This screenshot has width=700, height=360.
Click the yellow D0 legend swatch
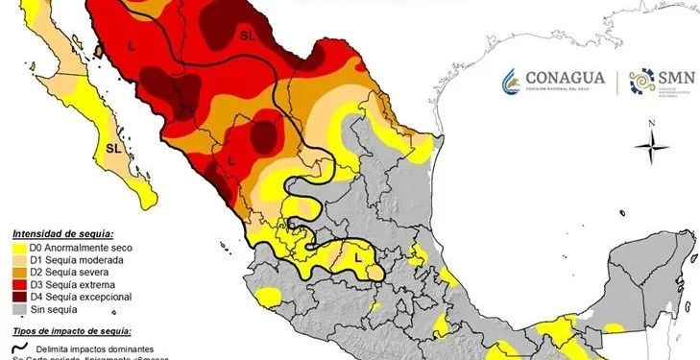click(18, 248)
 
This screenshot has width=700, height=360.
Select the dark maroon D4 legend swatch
click(18, 298)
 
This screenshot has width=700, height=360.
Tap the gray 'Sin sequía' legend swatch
click(18, 310)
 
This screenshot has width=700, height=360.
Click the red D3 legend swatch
click(18, 285)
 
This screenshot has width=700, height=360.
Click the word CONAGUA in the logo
click(566, 77)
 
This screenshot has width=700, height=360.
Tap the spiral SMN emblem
click(640, 83)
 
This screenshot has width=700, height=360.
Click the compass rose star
click(652, 146)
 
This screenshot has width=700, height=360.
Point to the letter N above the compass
click(652, 123)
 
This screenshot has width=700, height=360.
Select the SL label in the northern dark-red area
click(247, 36)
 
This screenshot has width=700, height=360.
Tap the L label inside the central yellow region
click(358, 256)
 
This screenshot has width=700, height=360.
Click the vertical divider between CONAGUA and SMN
click(617, 82)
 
